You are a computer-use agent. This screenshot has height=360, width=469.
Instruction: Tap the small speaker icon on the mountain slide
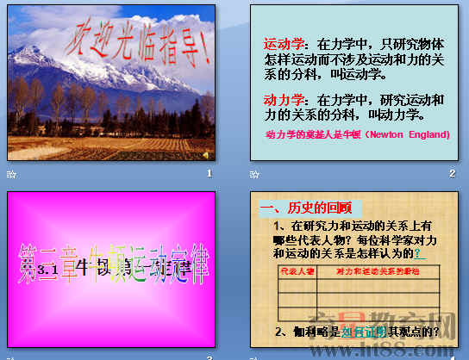point(204,153)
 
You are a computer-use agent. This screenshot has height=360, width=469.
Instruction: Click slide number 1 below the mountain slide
point(209,173)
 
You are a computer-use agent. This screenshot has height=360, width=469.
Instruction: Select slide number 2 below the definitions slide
point(452,173)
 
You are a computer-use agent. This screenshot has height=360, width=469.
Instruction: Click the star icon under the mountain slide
point(11,173)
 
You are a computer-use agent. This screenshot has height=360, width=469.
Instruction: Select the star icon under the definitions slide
point(254,173)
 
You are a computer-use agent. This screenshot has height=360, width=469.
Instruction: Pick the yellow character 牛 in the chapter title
point(84,268)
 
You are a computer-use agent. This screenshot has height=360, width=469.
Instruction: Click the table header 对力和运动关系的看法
point(378,271)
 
